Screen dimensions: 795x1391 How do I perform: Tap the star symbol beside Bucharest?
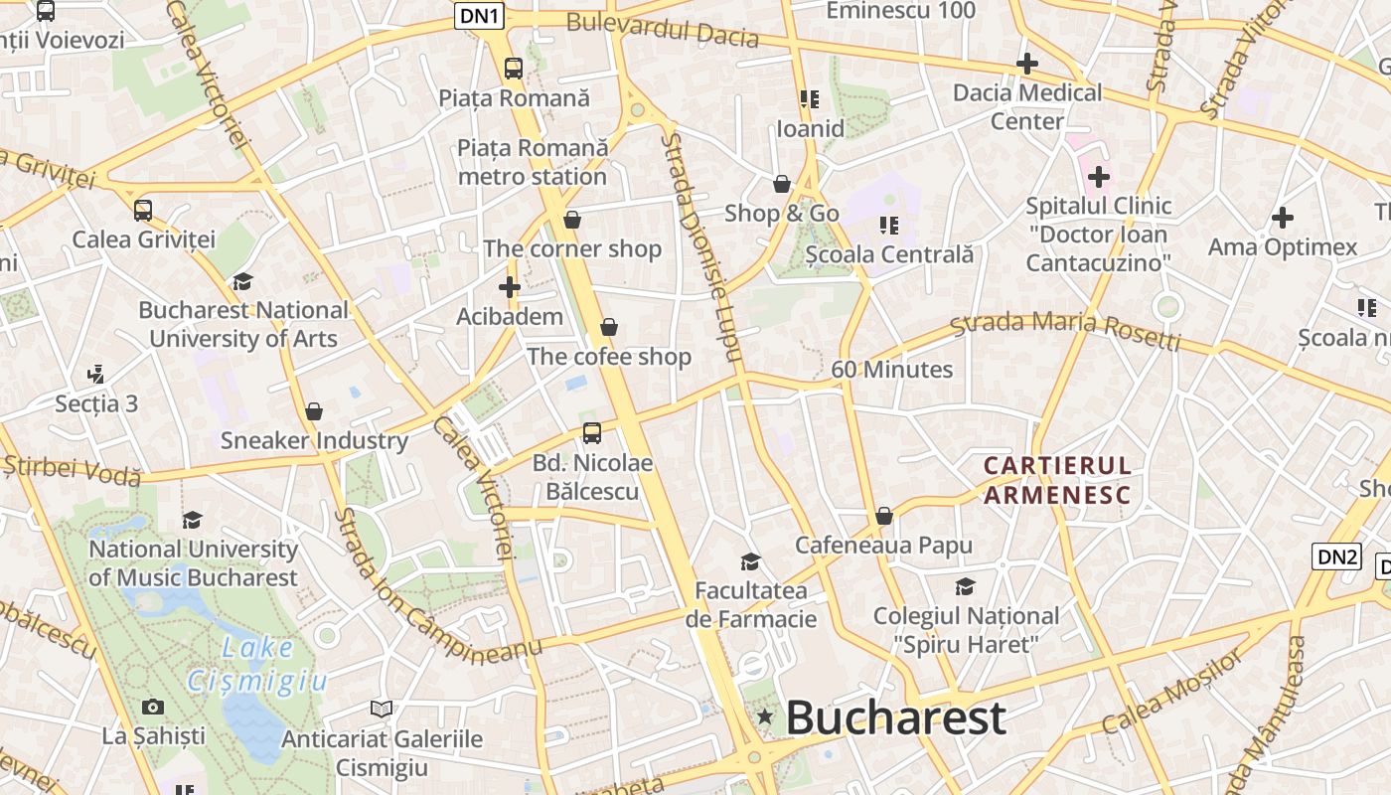click(x=765, y=716)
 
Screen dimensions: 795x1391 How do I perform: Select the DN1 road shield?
click(x=481, y=15)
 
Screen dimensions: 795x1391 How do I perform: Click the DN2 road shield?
click(x=1336, y=556)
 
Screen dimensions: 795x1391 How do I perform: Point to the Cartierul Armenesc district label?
click(x=1057, y=480)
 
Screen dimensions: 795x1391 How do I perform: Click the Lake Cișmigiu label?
click(x=257, y=664)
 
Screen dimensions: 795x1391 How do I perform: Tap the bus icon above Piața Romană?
click(x=514, y=69)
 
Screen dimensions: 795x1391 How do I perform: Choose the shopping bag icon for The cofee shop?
click(x=609, y=327)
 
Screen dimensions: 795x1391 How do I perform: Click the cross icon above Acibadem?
click(x=510, y=288)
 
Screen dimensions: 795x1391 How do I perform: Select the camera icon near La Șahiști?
click(x=153, y=708)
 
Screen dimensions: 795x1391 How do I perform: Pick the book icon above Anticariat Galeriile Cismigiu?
click(x=382, y=710)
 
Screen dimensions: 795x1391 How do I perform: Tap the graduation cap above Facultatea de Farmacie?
click(x=751, y=562)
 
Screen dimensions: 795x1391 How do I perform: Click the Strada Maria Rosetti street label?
click(x=1064, y=330)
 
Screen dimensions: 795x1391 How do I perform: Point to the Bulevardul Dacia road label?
click(x=662, y=32)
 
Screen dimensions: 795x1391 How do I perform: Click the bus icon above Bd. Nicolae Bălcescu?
click(x=592, y=433)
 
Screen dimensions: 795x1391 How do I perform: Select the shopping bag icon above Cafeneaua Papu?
click(x=883, y=517)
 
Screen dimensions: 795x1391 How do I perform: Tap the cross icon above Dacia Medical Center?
click(x=1027, y=65)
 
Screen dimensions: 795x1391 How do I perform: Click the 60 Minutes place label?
click(x=891, y=370)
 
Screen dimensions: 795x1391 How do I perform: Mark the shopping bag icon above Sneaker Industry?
click(x=314, y=411)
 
